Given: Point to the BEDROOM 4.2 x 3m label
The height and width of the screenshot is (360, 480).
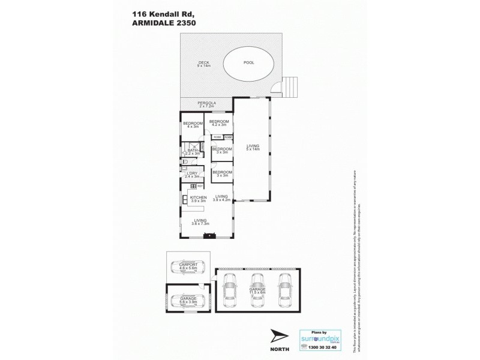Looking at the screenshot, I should point(219,122).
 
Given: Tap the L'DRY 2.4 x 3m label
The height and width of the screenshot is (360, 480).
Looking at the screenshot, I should point(192,175).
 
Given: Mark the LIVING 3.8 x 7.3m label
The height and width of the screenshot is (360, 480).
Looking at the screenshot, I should point(200,222).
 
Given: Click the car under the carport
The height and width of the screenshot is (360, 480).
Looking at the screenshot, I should point(185,268).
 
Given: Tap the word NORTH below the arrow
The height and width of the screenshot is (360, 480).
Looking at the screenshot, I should point(280,348).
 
